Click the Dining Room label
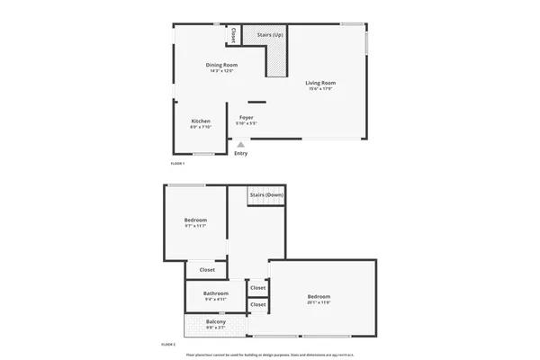coord(220,65)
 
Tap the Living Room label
coord(320,83)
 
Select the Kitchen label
coord(201,121)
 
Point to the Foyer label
coord(247,117)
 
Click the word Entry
coord(240,153)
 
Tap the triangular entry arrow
coord(240,142)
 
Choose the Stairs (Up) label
coord(270,34)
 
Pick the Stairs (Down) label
coord(267,194)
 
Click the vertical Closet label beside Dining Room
coord(233,35)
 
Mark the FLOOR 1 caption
coord(177,163)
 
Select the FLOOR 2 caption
coord(168,344)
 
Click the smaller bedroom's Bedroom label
coord(195,220)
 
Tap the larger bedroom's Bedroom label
coord(319,297)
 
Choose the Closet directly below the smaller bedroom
coord(207,269)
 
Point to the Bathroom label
coord(215,292)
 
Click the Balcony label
coord(215,322)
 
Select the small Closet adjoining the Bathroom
coord(258,288)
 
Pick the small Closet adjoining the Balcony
coord(258,305)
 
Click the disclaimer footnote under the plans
coord(269,354)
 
